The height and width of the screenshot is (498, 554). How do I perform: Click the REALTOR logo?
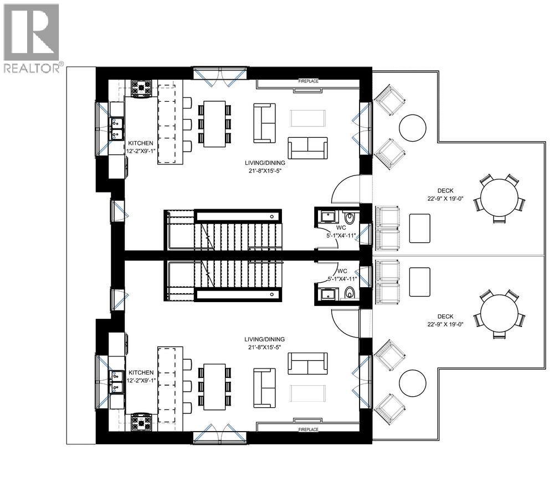tap(33, 38)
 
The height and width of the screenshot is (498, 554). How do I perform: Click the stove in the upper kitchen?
tap(141, 89)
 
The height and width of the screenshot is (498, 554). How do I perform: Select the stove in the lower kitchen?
tap(141, 422)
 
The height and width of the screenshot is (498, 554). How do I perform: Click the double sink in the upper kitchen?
tap(117, 128)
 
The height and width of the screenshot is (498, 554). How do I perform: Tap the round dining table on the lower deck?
tap(499, 313)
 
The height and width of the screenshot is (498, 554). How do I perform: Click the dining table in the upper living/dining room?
tap(214, 123)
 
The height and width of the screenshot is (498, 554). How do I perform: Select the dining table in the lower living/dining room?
tap(214, 386)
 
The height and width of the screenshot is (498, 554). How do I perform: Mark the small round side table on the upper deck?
tap(412, 127)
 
